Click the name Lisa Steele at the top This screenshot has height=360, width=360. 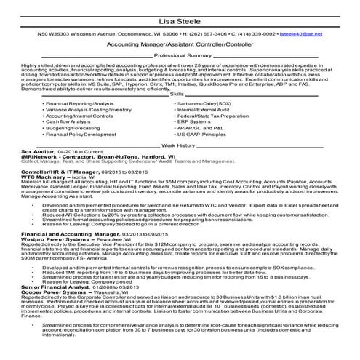pyautogui.click(x=180, y=21)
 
